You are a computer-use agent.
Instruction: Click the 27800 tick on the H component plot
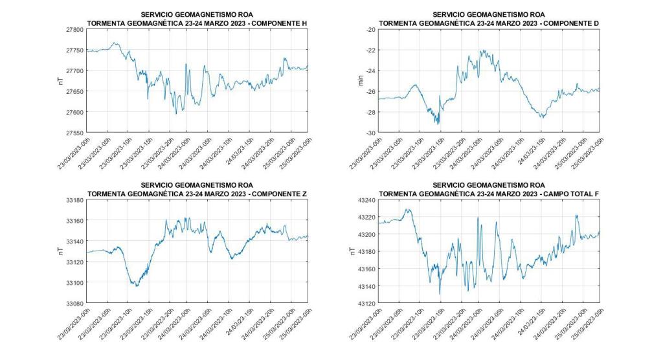click(73, 30)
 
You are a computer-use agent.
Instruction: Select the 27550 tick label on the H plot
click(73, 133)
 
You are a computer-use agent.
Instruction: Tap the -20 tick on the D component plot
click(369, 30)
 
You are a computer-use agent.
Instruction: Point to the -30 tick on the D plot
click(369, 133)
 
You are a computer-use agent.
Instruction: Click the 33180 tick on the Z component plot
click(73, 201)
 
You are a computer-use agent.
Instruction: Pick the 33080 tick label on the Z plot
click(73, 303)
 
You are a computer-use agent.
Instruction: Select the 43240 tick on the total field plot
click(365, 201)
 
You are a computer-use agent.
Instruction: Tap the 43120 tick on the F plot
click(365, 303)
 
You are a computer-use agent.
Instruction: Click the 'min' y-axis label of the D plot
click(353, 82)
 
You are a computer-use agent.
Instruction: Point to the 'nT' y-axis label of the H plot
click(60, 82)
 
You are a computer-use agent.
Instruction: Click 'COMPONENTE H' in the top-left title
click(279, 23)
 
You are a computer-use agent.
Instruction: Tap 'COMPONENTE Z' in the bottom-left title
click(279, 194)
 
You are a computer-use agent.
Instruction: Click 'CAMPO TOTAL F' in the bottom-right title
click(570, 194)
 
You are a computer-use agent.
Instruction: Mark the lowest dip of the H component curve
click(176, 114)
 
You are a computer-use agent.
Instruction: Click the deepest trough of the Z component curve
click(136, 286)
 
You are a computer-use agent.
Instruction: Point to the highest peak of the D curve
click(482, 50)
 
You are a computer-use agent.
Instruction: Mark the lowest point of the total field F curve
click(440, 294)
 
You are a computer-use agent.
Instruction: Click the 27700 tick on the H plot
click(73, 71)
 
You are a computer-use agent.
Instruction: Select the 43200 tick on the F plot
click(365, 234)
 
